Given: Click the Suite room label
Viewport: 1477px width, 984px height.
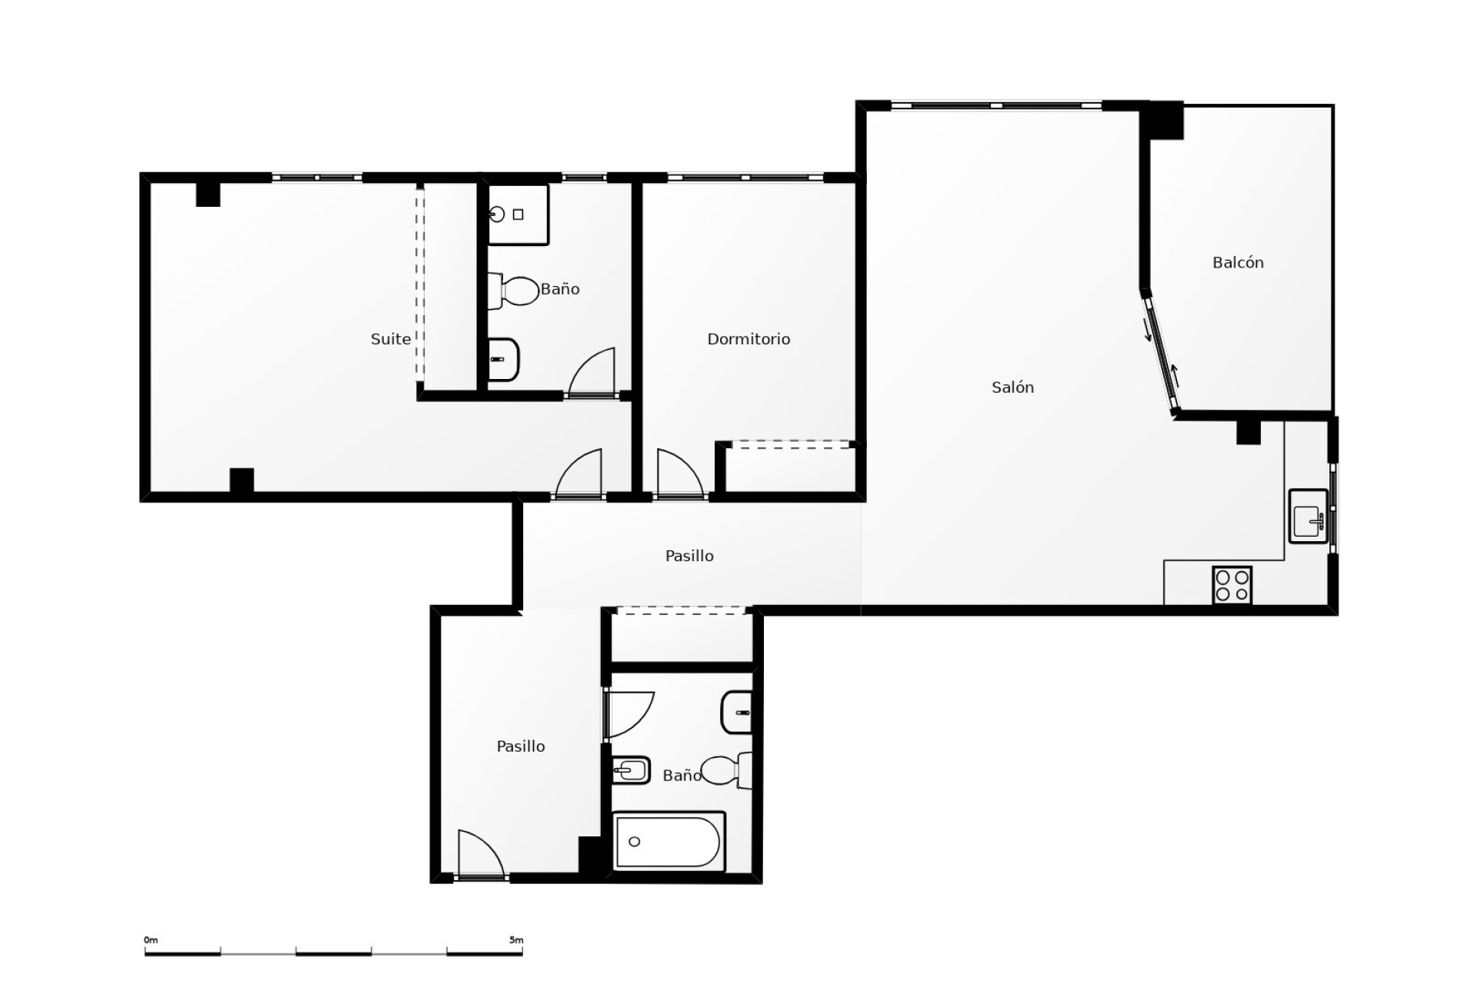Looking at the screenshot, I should (390, 339).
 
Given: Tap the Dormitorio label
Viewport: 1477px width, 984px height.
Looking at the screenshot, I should (749, 339).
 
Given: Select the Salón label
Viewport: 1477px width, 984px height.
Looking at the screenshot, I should (1012, 387).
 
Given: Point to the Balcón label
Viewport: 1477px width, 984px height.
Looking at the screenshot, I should (1238, 263).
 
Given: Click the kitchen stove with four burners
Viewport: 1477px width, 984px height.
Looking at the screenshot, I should (1232, 585).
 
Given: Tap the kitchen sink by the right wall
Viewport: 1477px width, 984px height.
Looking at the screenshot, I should (1308, 516).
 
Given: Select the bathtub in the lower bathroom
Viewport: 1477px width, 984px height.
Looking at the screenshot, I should (668, 842).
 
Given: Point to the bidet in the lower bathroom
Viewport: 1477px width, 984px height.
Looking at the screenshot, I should (631, 769).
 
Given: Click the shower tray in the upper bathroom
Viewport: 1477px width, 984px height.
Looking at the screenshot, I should (518, 214).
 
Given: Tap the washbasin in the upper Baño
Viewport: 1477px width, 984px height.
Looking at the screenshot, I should (504, 360).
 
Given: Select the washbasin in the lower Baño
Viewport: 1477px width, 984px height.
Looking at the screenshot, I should (736, 713).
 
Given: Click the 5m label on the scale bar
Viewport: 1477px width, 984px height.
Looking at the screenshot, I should (515, 940).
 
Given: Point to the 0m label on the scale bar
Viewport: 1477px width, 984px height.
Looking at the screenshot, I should (151, 940).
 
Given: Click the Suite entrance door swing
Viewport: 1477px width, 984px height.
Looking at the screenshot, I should (578, 475).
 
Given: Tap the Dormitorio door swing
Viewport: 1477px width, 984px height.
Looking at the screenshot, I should (678, 475).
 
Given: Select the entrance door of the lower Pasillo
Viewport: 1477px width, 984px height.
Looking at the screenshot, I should (480, 856).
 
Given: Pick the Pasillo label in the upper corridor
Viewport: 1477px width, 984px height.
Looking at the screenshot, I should (689, 556).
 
